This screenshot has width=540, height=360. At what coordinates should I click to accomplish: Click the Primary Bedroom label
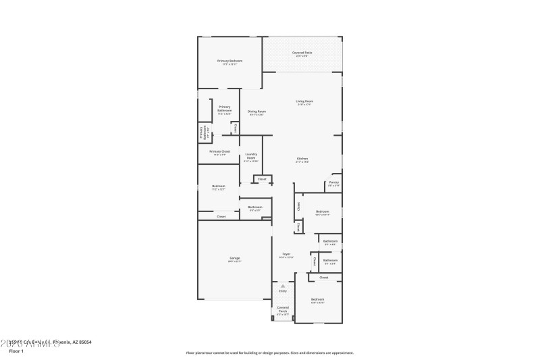coord(230,61)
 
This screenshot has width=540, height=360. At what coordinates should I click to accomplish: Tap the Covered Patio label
coord(302,52)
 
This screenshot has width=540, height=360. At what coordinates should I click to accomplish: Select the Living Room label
coord(304,101)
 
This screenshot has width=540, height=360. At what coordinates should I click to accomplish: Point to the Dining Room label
coord(256,111)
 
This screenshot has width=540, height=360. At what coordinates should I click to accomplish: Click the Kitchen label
coord(302,158)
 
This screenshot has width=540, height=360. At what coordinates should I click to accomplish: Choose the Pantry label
coord(333,182)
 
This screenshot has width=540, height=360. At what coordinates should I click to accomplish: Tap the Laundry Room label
coord(251,155)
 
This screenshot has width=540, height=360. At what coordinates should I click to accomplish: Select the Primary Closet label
coord(220,151)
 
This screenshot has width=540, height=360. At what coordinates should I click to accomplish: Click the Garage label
coord(235,257)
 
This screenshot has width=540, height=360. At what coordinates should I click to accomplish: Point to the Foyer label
coord(286,254)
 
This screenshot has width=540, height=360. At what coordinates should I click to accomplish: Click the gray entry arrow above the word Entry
coord(283,286)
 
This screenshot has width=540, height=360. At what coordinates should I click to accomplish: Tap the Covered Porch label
coord(283,309)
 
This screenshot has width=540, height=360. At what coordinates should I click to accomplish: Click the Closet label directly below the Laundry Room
coord(262,179)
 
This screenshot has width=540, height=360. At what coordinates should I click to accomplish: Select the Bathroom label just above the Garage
coord(255,207)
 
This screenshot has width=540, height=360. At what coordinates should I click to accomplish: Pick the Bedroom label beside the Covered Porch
coord(317,299)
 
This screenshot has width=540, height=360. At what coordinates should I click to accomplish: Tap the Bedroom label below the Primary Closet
coord(218,186)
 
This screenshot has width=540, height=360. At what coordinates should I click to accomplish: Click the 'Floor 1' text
coord(16,351)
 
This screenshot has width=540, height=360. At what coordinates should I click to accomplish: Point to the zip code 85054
coord(84,342)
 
